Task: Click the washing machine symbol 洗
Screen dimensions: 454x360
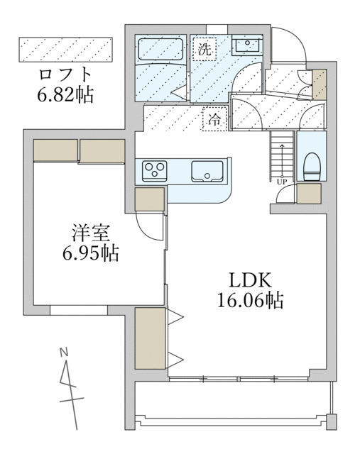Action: [205, 50]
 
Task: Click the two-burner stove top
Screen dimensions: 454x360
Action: [156, 170]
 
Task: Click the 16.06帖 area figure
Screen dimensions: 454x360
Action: [250, 301]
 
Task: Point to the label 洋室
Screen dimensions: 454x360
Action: [88, 232]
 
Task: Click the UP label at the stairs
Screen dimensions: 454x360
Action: [282, 182]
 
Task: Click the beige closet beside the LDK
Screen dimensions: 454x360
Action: [150, 338]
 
